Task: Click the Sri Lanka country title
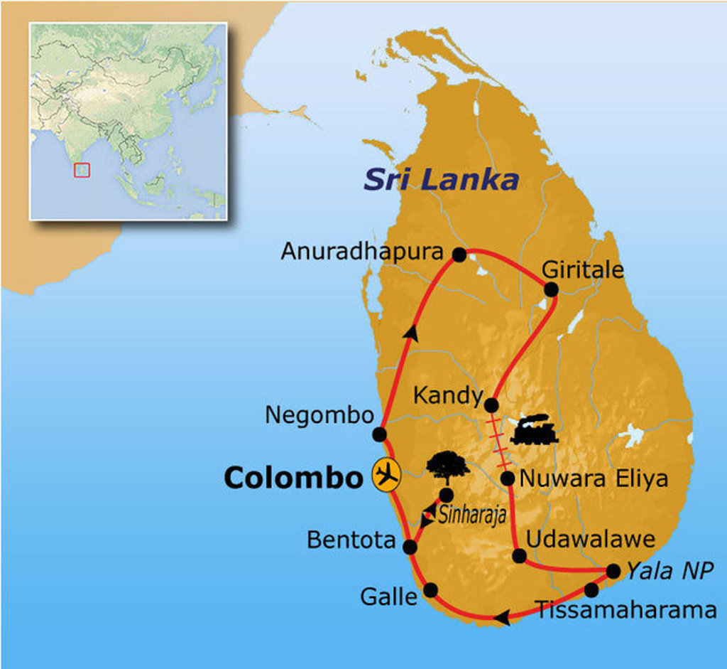[441, 180]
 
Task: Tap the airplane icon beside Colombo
[386, 474]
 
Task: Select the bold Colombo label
[293, 478]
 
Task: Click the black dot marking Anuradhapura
[459, 254]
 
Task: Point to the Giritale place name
[582, 270]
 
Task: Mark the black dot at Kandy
[491, 405]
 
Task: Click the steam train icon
[533, 430]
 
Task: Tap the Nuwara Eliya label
[594, 478]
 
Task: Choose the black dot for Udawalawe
[520, 556]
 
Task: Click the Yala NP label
[669, 570]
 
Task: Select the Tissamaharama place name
[626, 610]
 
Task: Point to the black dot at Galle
[430, 589]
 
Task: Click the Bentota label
[351, 540]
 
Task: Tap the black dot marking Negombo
[380, 434]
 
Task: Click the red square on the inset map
[82, 169]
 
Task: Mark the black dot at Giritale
[550, 289]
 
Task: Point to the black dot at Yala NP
[613, 571]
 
